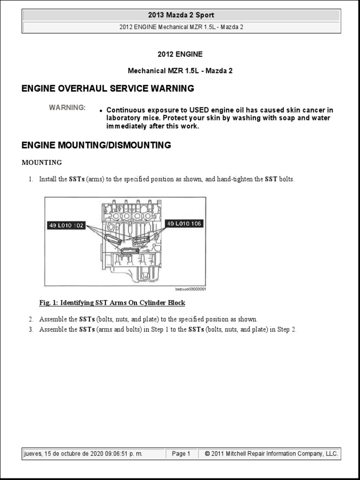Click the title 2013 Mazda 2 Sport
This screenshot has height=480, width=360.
[x=181, y=15]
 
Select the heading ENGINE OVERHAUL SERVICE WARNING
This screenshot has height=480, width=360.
[x=108, y=88]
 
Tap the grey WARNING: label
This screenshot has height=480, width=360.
[x=67, y=108]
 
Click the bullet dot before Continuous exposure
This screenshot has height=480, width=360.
[x=101, y=111]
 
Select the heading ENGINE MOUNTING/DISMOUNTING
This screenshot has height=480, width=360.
[x=96, y=145]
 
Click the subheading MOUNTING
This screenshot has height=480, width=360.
[x=42, y=163]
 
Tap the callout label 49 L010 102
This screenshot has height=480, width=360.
[x=66, y=225]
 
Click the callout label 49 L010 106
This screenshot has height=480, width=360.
[x=184, y=224]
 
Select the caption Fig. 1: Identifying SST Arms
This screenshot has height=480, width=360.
[x=112, y=303]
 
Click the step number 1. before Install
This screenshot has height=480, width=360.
[x=31, y=180]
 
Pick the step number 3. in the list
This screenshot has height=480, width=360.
[x=31, y=330]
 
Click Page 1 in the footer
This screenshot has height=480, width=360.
[x=181, y=454]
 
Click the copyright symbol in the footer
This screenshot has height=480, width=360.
[x=207, y=454]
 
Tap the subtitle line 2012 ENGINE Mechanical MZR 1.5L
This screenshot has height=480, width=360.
[x=181, y=27]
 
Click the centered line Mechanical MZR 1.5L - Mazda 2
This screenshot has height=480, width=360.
[x=180, y=71]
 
